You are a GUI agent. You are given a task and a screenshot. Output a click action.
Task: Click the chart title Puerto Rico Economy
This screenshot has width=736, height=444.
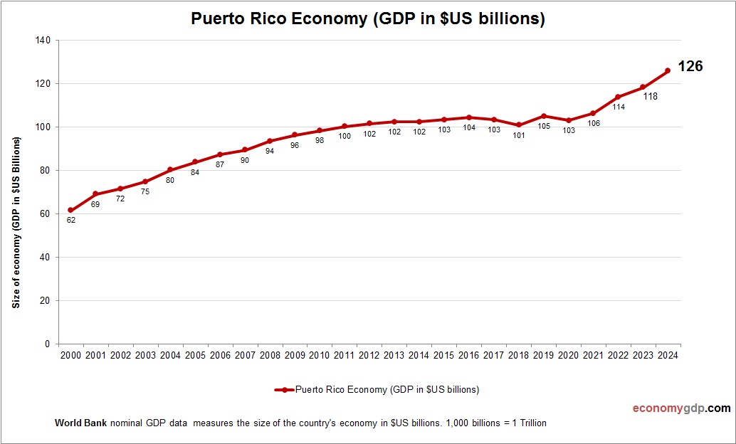367,19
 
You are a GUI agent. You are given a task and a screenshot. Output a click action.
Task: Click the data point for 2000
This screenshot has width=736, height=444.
70,210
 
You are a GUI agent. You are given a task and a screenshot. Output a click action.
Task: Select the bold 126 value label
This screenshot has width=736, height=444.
690,66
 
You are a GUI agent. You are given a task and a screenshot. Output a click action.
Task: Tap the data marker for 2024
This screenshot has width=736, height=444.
668,70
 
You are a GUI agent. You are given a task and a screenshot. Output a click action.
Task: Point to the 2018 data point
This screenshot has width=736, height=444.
519,125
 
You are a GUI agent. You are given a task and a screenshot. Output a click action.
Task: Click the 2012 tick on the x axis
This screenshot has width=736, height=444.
369,355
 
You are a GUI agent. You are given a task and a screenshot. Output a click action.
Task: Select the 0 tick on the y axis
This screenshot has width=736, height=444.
47,344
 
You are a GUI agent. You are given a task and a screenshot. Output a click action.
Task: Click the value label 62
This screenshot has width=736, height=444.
70,221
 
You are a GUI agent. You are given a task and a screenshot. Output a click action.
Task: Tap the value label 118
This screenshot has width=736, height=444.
650,96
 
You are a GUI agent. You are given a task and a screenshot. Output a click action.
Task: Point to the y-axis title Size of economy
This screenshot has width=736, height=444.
16,221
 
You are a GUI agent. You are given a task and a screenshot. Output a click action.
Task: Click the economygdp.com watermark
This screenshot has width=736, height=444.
681,408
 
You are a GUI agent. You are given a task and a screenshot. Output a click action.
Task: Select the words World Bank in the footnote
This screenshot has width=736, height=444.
80,423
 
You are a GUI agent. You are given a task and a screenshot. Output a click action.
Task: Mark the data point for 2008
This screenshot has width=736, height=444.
270,141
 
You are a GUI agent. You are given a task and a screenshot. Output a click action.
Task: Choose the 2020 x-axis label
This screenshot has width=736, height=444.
569,355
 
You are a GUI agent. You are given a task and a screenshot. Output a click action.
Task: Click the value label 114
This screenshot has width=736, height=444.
619,107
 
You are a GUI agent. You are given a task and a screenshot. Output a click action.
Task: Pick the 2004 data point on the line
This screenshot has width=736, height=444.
170,170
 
